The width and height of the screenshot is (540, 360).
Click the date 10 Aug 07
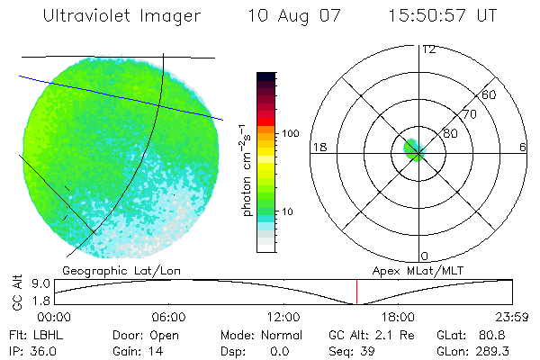290,16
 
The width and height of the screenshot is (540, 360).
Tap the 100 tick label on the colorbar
291,133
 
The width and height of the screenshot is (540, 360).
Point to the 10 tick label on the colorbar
288,212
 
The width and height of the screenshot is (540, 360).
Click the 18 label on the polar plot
318,147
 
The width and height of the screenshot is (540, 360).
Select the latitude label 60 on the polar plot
490,94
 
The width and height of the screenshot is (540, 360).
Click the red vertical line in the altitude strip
356,292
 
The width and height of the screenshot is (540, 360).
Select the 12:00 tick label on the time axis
283,317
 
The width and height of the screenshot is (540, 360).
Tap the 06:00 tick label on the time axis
169,317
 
